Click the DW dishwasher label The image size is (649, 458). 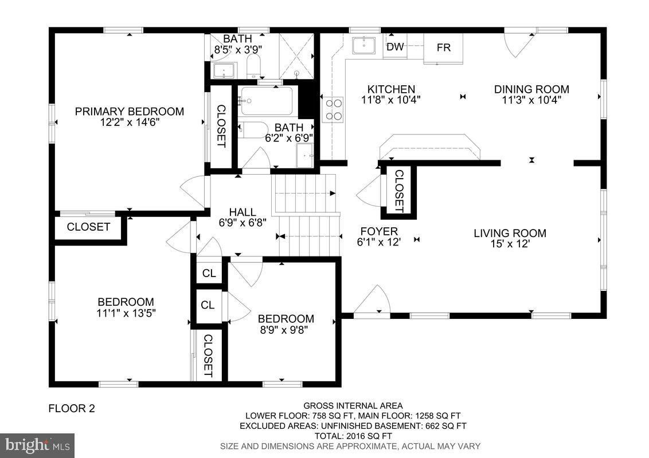(x=395, y=48)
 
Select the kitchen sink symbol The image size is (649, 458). (x=364, y=45)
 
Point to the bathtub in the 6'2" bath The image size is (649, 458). (x=267, y=101)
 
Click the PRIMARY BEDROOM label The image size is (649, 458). (x=130, y=111)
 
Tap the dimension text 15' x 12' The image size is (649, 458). (x=510, y=244)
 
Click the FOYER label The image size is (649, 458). (x=378, y=231)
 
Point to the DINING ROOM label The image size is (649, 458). (x=531, y=89)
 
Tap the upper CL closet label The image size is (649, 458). (x=209, y=274)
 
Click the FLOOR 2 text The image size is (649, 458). (x=72, y=408)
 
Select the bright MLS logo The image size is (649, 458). (x=37, y=445)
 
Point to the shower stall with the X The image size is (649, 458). (x=297, y=56)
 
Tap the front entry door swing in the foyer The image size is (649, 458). (x=373, y=300)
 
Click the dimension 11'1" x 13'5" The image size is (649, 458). (x=126, y=313)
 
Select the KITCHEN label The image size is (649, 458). (x=391, y=89)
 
